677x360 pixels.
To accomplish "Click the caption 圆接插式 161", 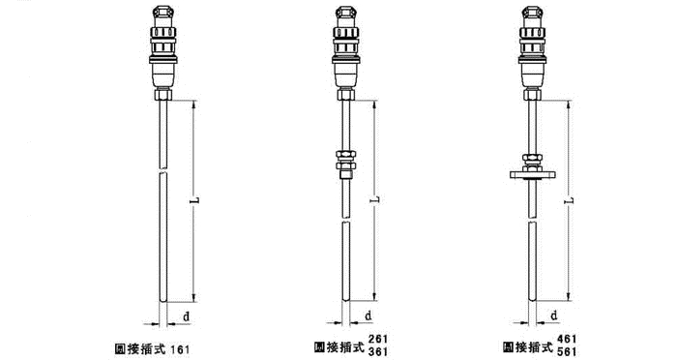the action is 152,348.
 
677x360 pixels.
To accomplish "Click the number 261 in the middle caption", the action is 378,340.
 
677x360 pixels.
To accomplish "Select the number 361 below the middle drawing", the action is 378,352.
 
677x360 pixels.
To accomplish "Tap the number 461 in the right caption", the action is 567,340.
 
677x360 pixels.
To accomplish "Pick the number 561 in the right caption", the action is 567,352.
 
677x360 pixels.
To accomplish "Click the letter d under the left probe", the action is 186,316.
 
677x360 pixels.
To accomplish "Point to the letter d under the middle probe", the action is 368,315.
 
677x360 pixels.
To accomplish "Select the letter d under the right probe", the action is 554,315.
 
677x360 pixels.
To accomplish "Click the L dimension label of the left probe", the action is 195,200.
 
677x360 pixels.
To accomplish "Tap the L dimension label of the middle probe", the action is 375,200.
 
